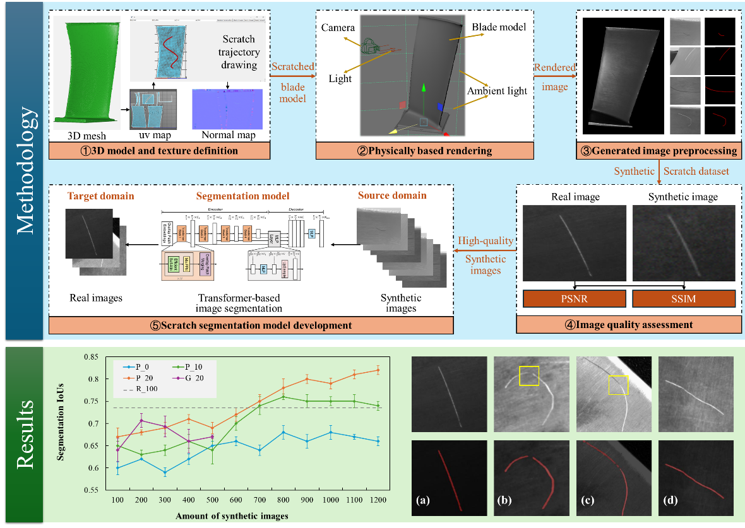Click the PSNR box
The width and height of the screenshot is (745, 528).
[574, 298]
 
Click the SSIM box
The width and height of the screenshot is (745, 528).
[684, 298]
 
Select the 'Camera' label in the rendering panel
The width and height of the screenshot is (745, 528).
[338, 28]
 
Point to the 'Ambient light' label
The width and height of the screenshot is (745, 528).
[497, 91]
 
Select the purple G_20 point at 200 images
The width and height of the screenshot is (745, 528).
[141, 420]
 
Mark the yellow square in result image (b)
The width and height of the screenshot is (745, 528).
[528, 376]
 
